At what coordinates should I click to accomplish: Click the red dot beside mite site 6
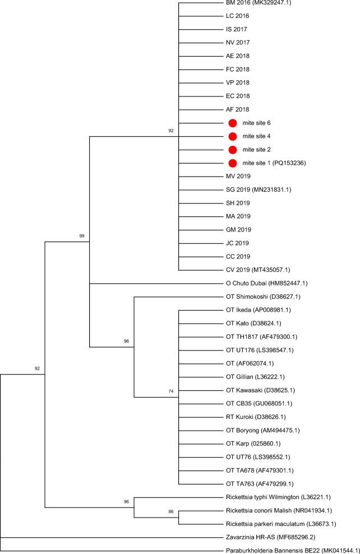click(x=233, y=123)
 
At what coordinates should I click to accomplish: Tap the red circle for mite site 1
click(x=233, y=163)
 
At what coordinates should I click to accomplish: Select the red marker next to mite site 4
click(x=233, y=136)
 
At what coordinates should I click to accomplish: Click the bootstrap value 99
click(x=82, y=236)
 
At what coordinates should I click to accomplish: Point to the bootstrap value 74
click(x=171, y=391)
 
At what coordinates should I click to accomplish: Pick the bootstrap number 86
click(x=171, y=511)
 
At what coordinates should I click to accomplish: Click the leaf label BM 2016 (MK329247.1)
click(x=259, y=3)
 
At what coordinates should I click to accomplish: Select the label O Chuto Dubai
click(x=246, y=283)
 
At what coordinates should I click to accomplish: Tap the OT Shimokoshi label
click(x=247, y=297)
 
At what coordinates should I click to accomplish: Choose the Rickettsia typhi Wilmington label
click(x=262, y=497)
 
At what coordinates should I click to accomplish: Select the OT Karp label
click(x=237, y=444)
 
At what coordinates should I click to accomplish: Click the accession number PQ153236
click(x=289, y=163)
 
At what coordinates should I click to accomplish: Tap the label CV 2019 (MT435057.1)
click(x=258, y=270)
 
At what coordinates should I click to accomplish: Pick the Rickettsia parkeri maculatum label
click(x=265, y=524)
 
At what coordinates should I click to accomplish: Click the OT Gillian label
click(x=239, y=377)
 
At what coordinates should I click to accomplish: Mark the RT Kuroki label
click(x=239, y=417)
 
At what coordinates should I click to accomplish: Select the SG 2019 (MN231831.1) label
click(x=259, y=190)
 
